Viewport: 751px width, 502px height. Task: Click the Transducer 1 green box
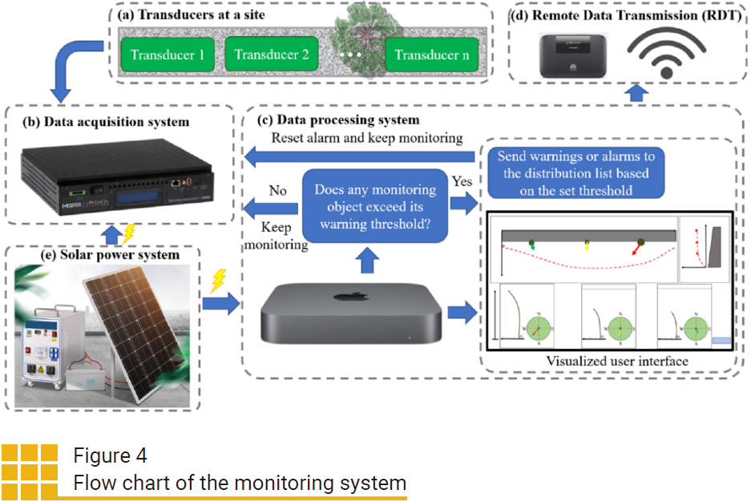(x=168, y=55)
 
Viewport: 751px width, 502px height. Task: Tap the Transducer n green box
(x=431, y=55)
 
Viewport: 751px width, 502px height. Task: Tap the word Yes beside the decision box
(x=462, y=181)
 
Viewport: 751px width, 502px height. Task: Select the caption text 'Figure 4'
(x=110, y=456)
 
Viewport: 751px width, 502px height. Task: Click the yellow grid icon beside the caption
(x=30, y=472)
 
